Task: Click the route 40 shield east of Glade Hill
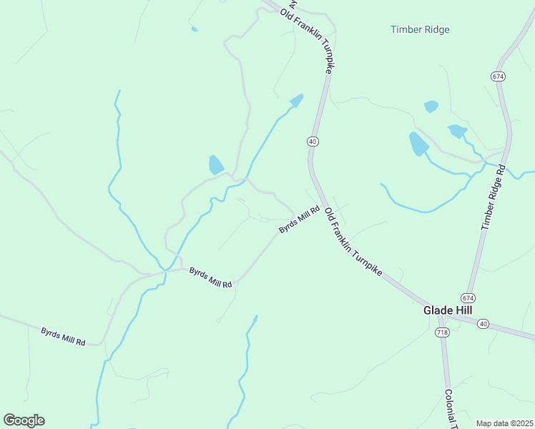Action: [484, 324]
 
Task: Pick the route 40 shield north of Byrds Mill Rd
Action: [313, 142]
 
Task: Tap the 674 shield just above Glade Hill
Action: [468, 297]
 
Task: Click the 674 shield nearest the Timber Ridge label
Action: [499, 76]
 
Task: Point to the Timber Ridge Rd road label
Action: [494, 197]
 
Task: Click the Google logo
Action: [24, 420]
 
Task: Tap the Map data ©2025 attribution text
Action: [504, 423]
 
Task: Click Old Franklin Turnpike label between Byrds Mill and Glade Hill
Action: [353, 243]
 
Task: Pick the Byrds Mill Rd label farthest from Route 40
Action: [63, 336]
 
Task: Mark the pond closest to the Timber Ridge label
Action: [431, 107]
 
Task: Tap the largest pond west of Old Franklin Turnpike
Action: [215, 165]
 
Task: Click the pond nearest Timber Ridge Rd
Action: [456, 131]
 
